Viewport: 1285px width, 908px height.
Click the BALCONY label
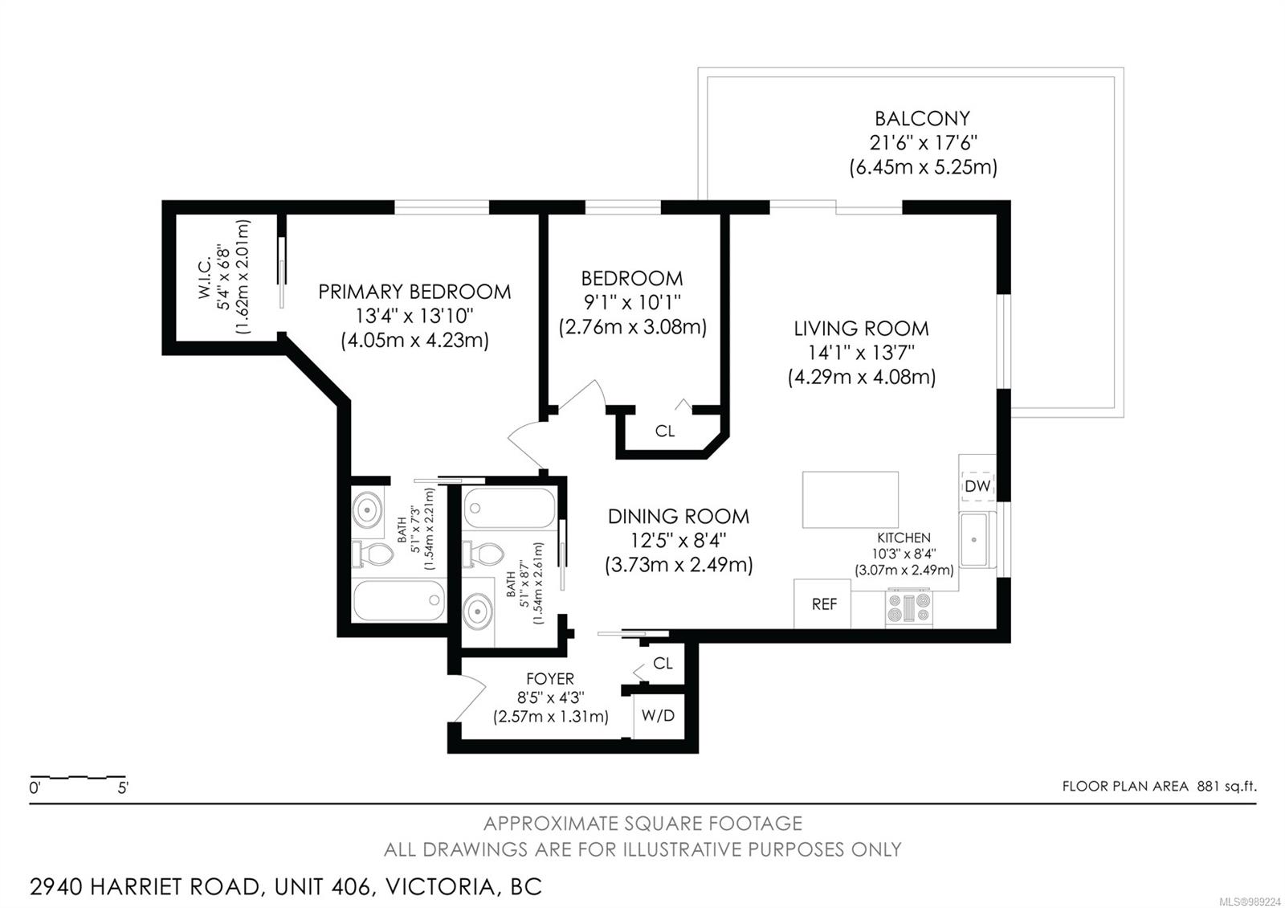click(x=922, y=119)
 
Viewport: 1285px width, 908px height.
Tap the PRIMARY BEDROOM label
click(x=414, y=292)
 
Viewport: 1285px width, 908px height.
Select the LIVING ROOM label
click(x=861, y=329)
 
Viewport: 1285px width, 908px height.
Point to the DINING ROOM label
click(x=678, y=517)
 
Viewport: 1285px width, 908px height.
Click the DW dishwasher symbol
click(x=977, y=486)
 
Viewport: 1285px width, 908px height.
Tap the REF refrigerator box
click(x=822, y=603)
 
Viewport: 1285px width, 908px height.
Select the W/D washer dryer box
click(x=659, y=716)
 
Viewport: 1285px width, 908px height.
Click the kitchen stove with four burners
click(x=908, y=608)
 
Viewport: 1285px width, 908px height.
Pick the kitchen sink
click(x=974, y=539)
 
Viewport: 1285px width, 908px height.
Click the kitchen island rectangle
click(x=851, y=499)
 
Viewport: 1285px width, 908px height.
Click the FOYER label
click(x=549, y=679)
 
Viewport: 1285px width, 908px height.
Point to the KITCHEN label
click(x=904, y=538)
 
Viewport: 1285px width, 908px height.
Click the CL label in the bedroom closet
click(x=664, y=431)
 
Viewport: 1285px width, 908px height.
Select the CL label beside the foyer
click(x=663, y=664)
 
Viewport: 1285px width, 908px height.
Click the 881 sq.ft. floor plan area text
click(x=1226, y=786)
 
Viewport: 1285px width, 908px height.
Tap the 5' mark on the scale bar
click(x=123, y=788)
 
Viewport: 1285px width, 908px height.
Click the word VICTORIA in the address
click(x=440, y=887)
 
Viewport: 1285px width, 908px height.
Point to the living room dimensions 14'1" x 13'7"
click(x=861, y=353)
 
